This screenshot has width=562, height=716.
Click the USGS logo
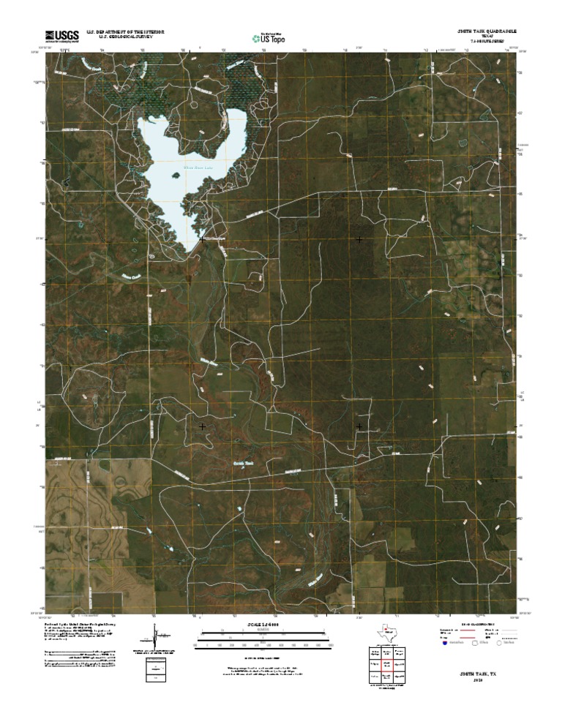pyautogui.click(x=62, y=34)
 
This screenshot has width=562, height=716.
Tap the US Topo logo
pyautogui.click(x=274, y=36)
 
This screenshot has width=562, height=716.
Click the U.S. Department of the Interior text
pyautogui.click(x=125, y=32)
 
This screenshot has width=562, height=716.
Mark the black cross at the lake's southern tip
pyautogui.click(x=202, y=239)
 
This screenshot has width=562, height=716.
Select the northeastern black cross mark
pyautogui.click(x=359, y=239)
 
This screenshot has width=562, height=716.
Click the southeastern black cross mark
pyautogui.click(x=359, y=426)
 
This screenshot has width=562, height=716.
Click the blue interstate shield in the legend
pyautogui.click(x=445, y=644)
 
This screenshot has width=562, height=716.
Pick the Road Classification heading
pyautogui.click(x=476, y=623)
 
